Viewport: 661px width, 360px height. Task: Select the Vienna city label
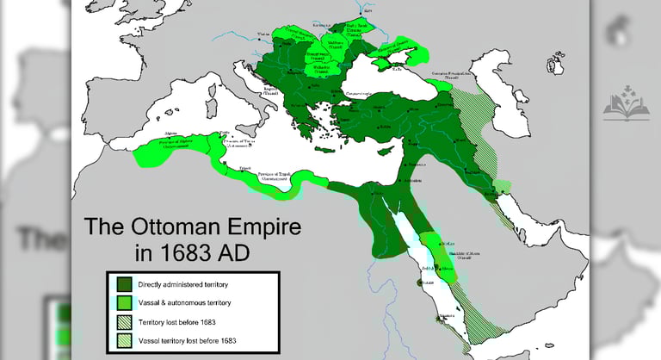click(263, 34)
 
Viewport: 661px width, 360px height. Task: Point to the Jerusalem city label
click(414, 182)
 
